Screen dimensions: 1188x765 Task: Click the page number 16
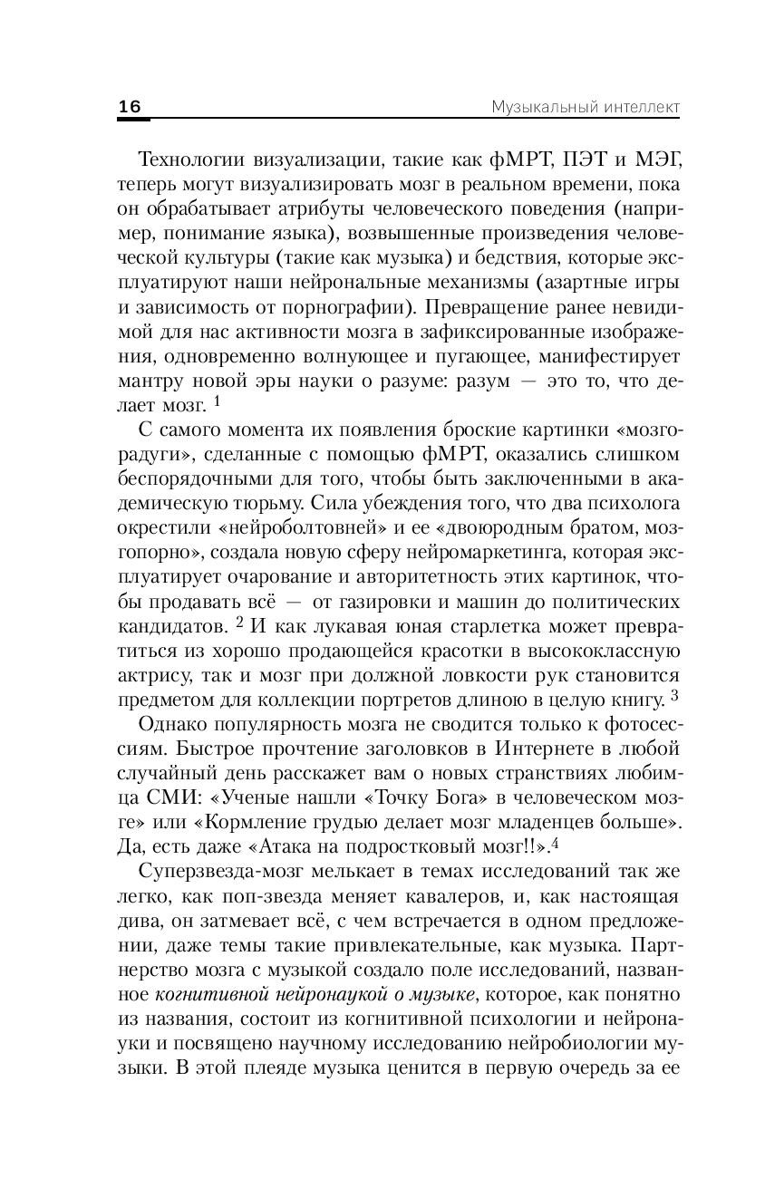click(x=130, y=107)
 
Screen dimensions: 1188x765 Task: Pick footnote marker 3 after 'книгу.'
click(x=674, y=695)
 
